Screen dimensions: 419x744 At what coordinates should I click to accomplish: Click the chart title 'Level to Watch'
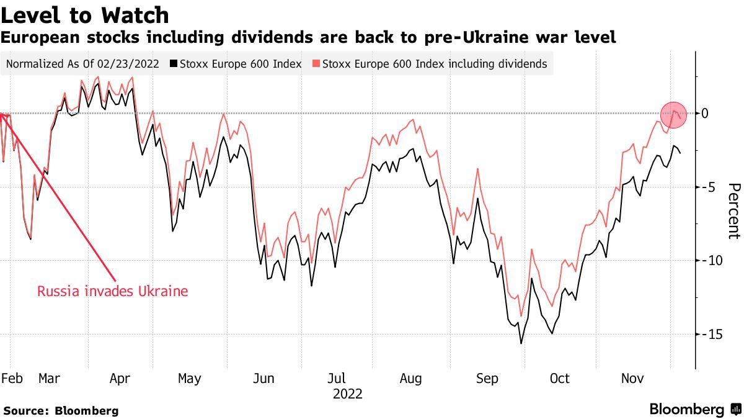[x=86, y=14]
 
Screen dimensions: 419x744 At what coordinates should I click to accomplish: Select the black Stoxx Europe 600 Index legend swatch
[x=174, y=64]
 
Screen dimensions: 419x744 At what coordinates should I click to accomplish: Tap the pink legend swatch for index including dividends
[x=317, y=64]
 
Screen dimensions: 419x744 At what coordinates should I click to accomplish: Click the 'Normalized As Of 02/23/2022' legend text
[x=82, y=64]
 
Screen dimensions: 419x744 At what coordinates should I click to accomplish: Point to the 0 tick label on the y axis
[x=705, y=113]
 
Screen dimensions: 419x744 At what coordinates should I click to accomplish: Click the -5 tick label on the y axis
[x=707, y=187]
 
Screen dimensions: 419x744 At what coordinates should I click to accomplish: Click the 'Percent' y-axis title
[x=733, y=211]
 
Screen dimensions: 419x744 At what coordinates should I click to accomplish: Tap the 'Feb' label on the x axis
[x=11, y=379]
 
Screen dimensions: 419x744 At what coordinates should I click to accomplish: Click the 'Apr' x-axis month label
[x=118, y=379]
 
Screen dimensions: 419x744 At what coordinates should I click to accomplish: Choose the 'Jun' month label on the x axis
[x=264, y=379]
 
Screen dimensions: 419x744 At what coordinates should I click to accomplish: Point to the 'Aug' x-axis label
[x=410, y=379]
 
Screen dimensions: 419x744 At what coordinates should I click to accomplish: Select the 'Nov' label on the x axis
[x=632, y=379]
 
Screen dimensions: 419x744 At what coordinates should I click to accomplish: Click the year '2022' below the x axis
[x=348, y=394]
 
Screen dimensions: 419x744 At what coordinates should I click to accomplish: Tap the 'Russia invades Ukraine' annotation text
[x=112, y=291]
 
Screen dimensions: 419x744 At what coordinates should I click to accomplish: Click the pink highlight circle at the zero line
[x=673, y=114]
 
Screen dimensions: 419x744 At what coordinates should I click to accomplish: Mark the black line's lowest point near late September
[x=521, y=343]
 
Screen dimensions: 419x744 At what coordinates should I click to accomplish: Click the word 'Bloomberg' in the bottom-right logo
[x=687, y=410]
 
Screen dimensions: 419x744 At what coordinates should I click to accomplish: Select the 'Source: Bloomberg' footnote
[x=61, y=410]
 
